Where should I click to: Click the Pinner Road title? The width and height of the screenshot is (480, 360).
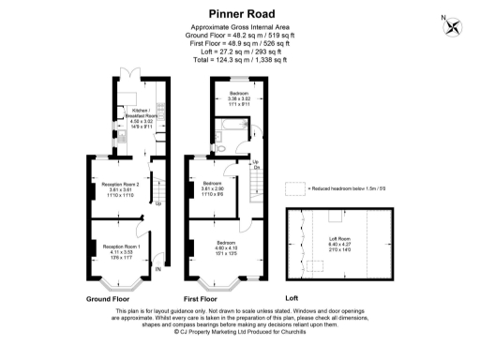point(239,11)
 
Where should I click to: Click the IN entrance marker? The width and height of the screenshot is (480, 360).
point(158,271)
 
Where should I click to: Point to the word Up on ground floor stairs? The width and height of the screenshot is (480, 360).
point(157,203)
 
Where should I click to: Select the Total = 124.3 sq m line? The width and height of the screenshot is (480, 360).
point(240,60)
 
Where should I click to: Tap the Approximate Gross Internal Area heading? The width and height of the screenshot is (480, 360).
point(240,27)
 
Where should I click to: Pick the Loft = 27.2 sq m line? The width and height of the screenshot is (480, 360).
point(240,52)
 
